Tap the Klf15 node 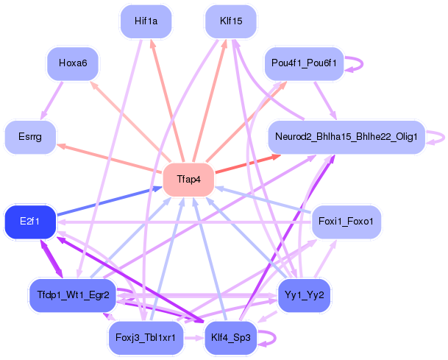[x=230, y=21]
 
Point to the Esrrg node [x=31, y=137]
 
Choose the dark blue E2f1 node [x=30, y=222]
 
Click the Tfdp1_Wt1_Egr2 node [x=73, y=295]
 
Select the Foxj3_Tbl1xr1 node [x=146, y=338]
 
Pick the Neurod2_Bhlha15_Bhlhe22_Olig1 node [x=346, y=137]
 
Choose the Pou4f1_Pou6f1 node [x=304, y=63]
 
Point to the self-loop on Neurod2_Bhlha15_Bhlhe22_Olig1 [x=437, y=136]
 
